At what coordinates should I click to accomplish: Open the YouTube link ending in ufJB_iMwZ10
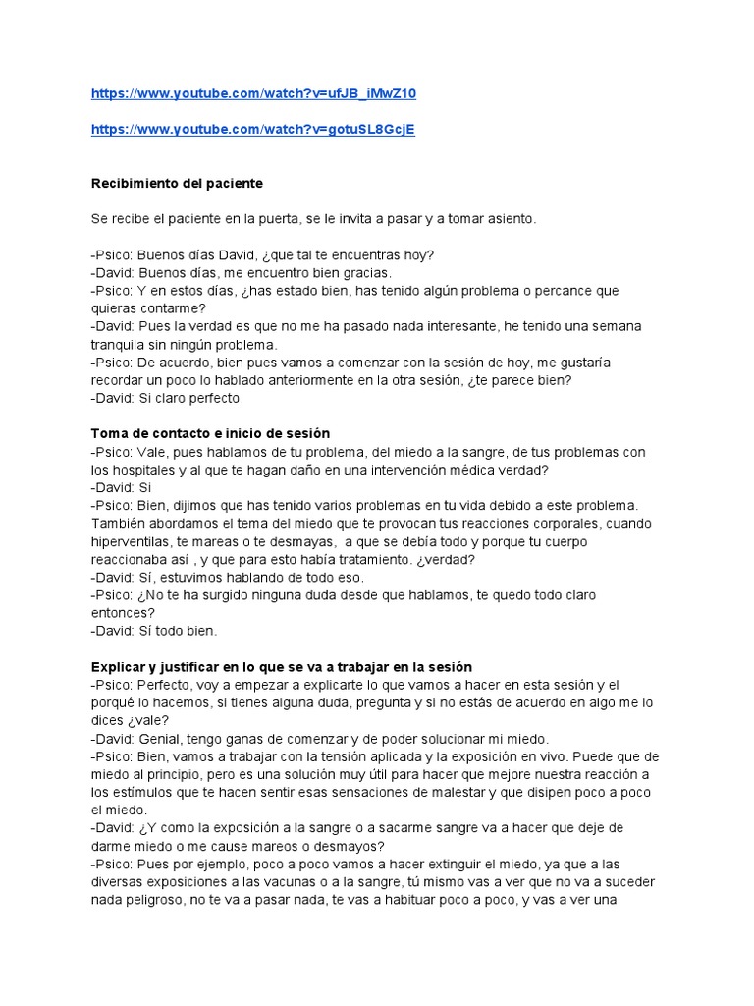coord(260,93)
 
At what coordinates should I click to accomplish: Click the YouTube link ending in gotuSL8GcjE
coord(252,130)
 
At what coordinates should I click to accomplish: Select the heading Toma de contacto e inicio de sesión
coord(210,433)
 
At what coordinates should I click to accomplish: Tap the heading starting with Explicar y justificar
coord(282,666)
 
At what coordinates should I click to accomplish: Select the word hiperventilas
coord(135,541)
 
